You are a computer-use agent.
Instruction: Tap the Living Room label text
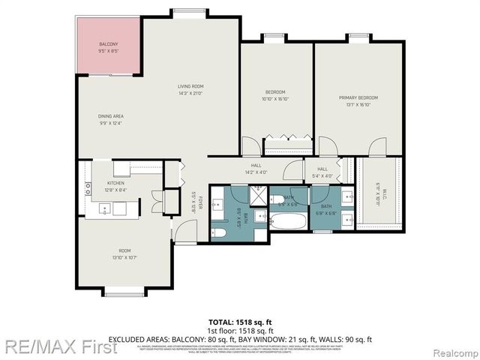tap(190, 90)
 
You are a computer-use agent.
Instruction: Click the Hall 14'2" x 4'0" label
tap(255, 169)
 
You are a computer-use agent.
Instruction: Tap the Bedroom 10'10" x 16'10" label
tap(275, 95)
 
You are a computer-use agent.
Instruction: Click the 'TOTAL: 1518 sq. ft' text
tap(239, 321)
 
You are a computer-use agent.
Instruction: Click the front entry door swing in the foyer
tap(184, 232)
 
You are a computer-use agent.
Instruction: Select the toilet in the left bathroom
tap(220, 234)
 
